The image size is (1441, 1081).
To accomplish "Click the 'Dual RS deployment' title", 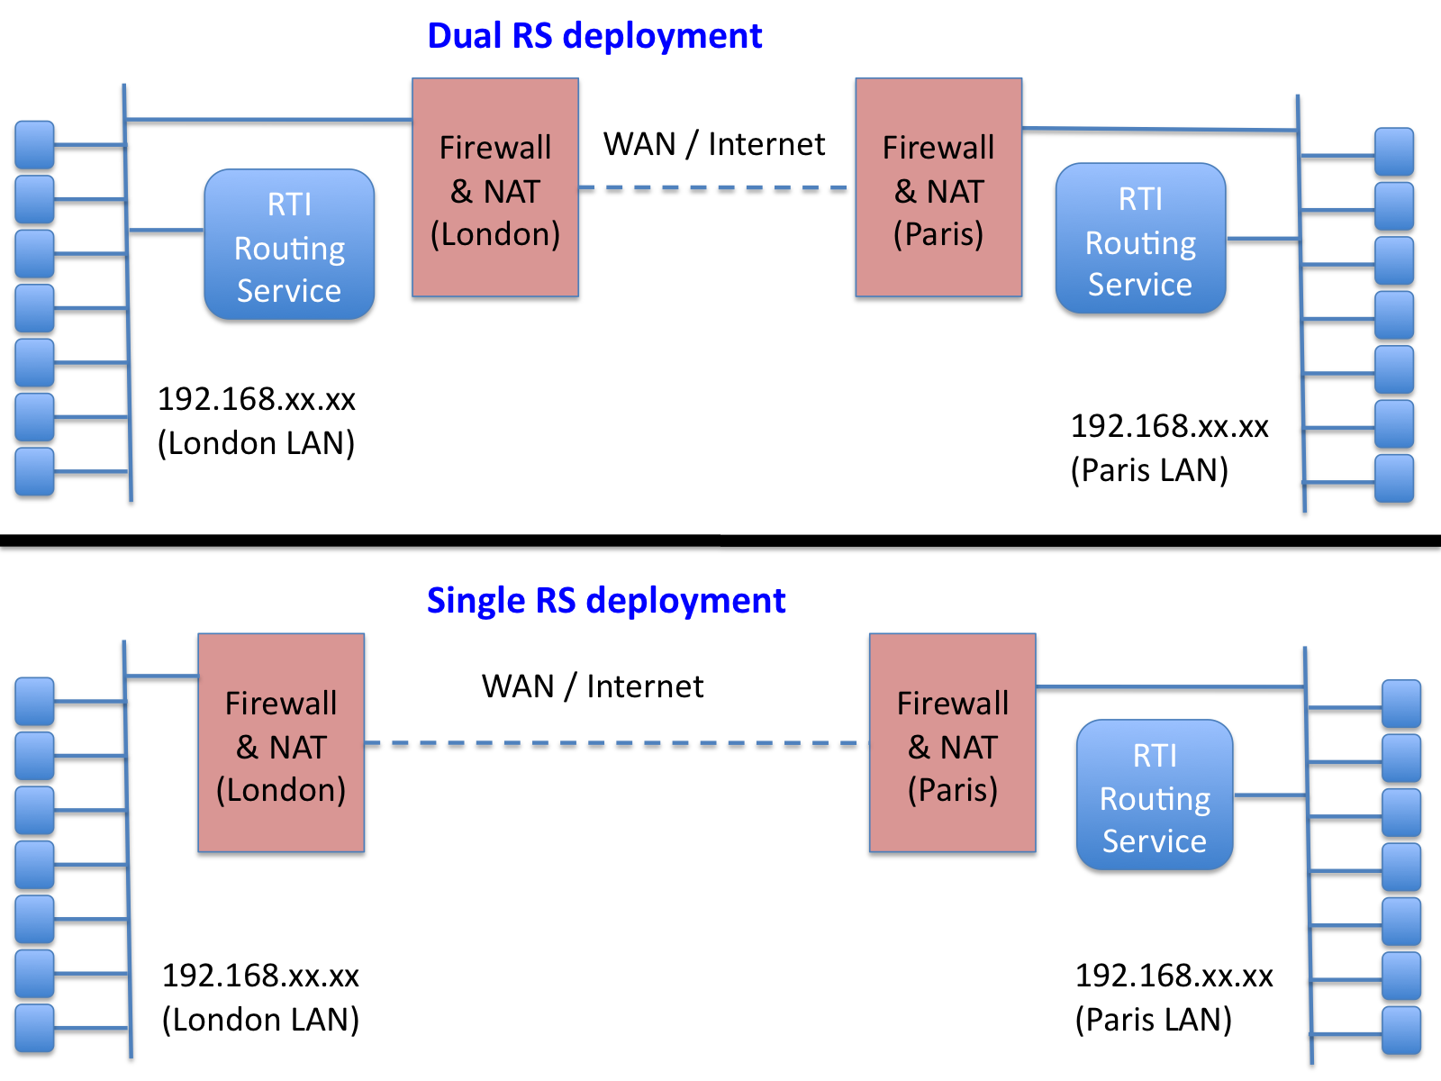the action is [594, 37].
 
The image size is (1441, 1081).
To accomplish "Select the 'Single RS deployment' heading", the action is [606, 601].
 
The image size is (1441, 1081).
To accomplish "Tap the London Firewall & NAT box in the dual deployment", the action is [495, 187].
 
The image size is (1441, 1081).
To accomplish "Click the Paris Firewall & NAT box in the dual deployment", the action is [938, 187].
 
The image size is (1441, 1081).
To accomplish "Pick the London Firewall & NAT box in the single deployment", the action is [281, 743].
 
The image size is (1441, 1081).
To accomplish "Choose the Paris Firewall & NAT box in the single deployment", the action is [953, 743].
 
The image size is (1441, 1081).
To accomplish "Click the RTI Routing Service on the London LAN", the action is [289, 245].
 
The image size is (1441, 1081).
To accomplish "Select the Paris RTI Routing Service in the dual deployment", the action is [1141, 238].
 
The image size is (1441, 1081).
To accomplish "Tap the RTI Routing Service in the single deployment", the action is [1155, 795].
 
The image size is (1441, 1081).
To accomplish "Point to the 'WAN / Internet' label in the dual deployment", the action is [713, 144].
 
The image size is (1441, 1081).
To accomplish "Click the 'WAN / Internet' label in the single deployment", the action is [592, 686].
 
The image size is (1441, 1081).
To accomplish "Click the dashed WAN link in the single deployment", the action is [617, 744].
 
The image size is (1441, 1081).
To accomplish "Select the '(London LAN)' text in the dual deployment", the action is [256, 444].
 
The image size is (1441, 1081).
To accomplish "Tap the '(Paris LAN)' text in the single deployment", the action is [1154, 1020].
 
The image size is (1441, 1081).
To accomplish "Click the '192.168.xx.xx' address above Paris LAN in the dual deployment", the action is [1169, 427].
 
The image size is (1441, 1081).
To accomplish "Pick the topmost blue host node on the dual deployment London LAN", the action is [35, 144].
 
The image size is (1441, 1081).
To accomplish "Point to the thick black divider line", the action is [720, 540].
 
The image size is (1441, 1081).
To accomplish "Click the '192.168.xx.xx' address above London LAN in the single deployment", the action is [260, 976].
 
